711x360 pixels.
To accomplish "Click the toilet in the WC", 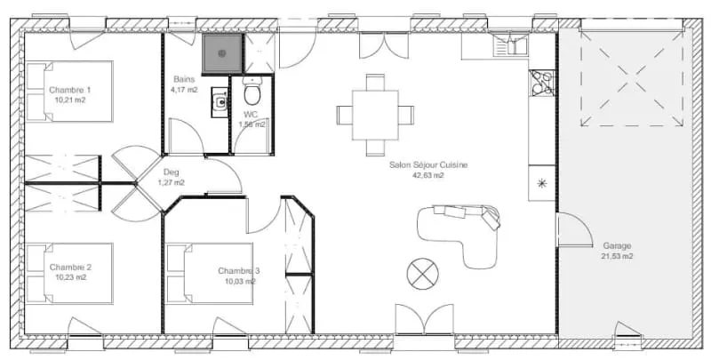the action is tap(252, 91).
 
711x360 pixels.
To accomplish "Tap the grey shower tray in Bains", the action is tap(222, 53).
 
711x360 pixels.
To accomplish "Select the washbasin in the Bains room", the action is tap(220, 102).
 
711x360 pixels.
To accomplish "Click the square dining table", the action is tap(375, 116).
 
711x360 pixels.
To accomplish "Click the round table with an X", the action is tap(423, 274).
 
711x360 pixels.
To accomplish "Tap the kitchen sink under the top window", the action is tap(510, 45).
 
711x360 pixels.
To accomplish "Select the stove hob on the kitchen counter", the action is tap(542, 83).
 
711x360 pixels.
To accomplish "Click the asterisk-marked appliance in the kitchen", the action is tap(542, 183).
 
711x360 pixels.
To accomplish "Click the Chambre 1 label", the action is tap(70, 90).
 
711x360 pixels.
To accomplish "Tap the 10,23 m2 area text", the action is tap(70, 277).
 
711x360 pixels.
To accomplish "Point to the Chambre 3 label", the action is tap(239, 271).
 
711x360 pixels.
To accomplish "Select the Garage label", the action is tap(617, 245).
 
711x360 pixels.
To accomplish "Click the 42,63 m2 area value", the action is tap(428, 175).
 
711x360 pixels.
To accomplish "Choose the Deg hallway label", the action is tap(171, 172).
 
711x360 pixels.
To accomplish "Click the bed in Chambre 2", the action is tap(69, 273).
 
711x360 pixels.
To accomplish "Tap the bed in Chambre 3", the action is tap(210, 274).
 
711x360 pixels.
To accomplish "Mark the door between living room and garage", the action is tap(574, 230).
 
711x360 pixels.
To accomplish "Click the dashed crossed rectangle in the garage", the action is tap(632, 73).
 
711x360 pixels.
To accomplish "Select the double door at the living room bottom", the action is tap(424, 320).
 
